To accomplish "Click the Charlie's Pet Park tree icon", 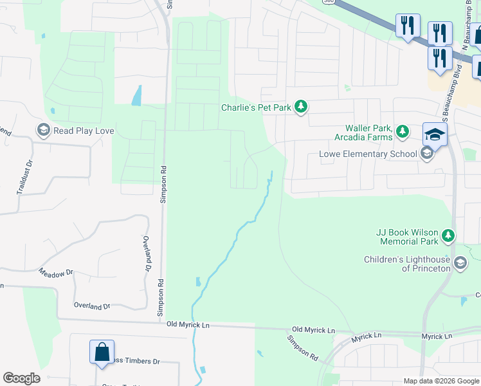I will click(x=300, y=107).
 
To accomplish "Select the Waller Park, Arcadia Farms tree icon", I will click(x=403, y=132).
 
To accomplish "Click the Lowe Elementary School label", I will click(x=368, y=154).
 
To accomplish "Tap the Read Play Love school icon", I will click(x=43, y=131).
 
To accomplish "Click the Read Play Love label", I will click(x=84, y=131).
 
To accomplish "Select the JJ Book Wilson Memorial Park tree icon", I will click(x=448, y=237).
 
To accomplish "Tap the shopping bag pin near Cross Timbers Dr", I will click(x=102, y=352).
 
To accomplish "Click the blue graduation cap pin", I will click(x=435, y=135).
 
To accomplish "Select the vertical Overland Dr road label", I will click(x=147, y=253).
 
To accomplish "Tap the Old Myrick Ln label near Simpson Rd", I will click(x=188, y=326).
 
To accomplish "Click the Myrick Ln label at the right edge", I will click(x=437, y=336).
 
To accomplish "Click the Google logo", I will click(x=21, y=378).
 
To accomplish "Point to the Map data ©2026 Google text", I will click(x=441, y=381).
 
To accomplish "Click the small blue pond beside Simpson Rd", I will click(x=136, y=95).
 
